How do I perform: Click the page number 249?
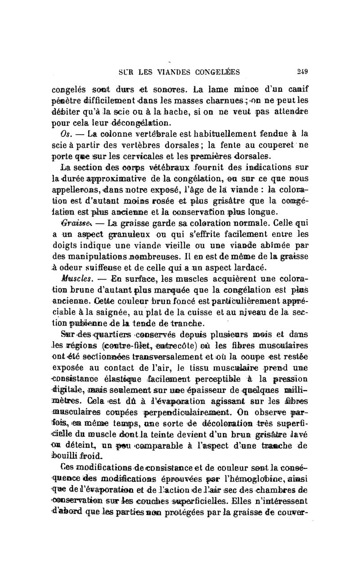click(x=302, y=71)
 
